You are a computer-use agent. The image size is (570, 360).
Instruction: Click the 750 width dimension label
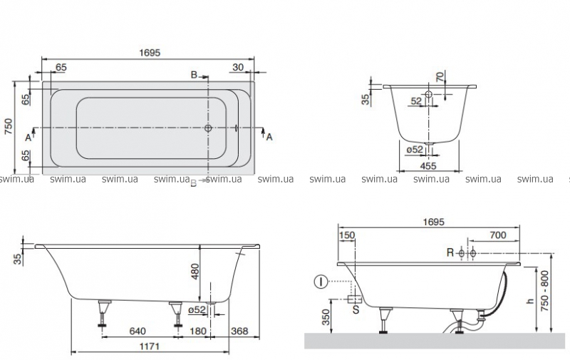tap(8, 127)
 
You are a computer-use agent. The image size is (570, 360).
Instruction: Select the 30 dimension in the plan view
tap(238, 67)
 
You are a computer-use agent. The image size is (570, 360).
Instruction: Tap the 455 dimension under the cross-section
tap(428, 166)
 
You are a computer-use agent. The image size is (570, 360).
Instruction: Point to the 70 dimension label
tap(440, 77)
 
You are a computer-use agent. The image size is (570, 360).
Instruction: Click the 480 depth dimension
tap(195, 272)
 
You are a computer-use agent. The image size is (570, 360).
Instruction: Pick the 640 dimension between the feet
tap(138, 331)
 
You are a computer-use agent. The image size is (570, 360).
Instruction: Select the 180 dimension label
tap(198, 331)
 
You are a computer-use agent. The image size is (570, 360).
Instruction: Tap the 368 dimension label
tap(240, 331)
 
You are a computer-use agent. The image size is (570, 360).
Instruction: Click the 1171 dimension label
tap(150, 346)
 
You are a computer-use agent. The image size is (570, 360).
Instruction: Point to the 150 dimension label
tap(346, 235)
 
